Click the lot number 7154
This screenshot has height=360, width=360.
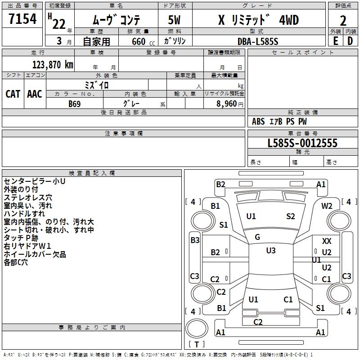(x=22, y=19)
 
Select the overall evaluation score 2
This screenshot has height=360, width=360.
(x=343, y=20)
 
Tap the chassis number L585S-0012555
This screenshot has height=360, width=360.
(x=302, y=143)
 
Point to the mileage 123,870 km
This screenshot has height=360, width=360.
(x=53, y=64)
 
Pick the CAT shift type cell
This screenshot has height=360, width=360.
(x=13, y=94)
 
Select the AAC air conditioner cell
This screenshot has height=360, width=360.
(x=35, y=94)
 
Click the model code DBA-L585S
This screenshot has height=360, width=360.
(x=258, y=41)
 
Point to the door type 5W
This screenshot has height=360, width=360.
(x=174, y=20)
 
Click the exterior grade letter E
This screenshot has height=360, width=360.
(x=335, y=41)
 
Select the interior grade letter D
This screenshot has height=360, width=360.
(x=350, y=41)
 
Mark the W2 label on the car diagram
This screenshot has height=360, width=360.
(x=327, y=206)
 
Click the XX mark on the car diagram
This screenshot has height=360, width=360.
(x=327, y=242)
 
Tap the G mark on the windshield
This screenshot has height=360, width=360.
(x=257, y=237)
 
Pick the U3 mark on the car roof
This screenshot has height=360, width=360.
(x=270, y=251)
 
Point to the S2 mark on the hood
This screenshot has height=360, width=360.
(x=291, y=216)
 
